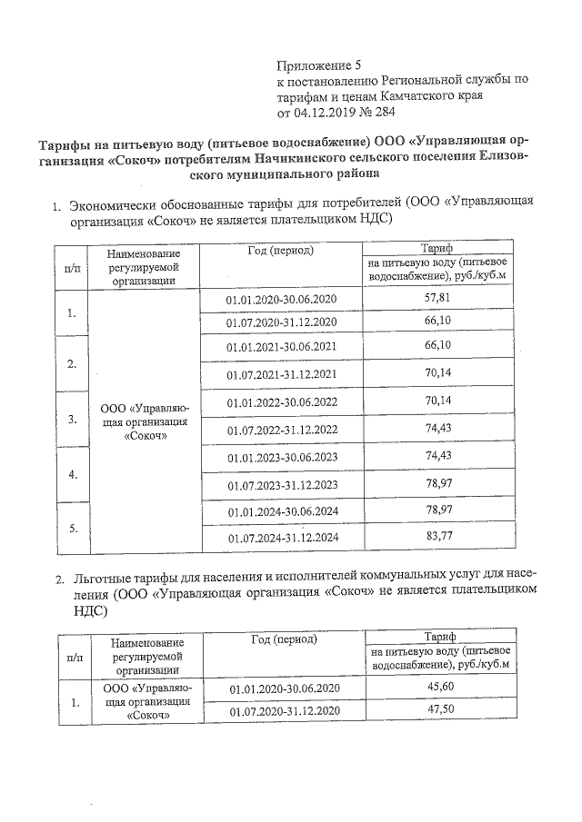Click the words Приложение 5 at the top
(317, 65)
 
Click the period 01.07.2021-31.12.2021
(281, 374)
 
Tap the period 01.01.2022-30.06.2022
(281, 401)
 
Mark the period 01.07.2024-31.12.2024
(282, 538)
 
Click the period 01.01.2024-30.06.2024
(282, 512)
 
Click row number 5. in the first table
(72, 528)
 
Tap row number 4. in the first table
(72, 474)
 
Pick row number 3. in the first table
(72, 419)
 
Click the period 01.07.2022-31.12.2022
(281, 429)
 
